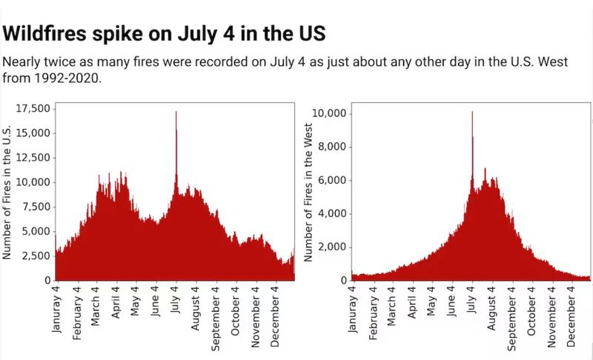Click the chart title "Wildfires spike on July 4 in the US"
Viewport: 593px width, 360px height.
pos(165,34)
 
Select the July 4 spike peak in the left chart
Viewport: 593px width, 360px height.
pos(176,112)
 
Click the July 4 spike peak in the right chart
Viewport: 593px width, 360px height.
pos(472,113)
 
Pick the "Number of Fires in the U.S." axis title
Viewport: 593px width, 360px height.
pos(8,195)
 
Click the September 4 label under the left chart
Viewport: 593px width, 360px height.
pos(216,316)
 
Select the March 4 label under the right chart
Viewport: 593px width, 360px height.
pos(392,308)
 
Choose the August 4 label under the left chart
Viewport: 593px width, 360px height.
pos(196,310)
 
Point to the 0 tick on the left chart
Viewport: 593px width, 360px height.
pos(47,281)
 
